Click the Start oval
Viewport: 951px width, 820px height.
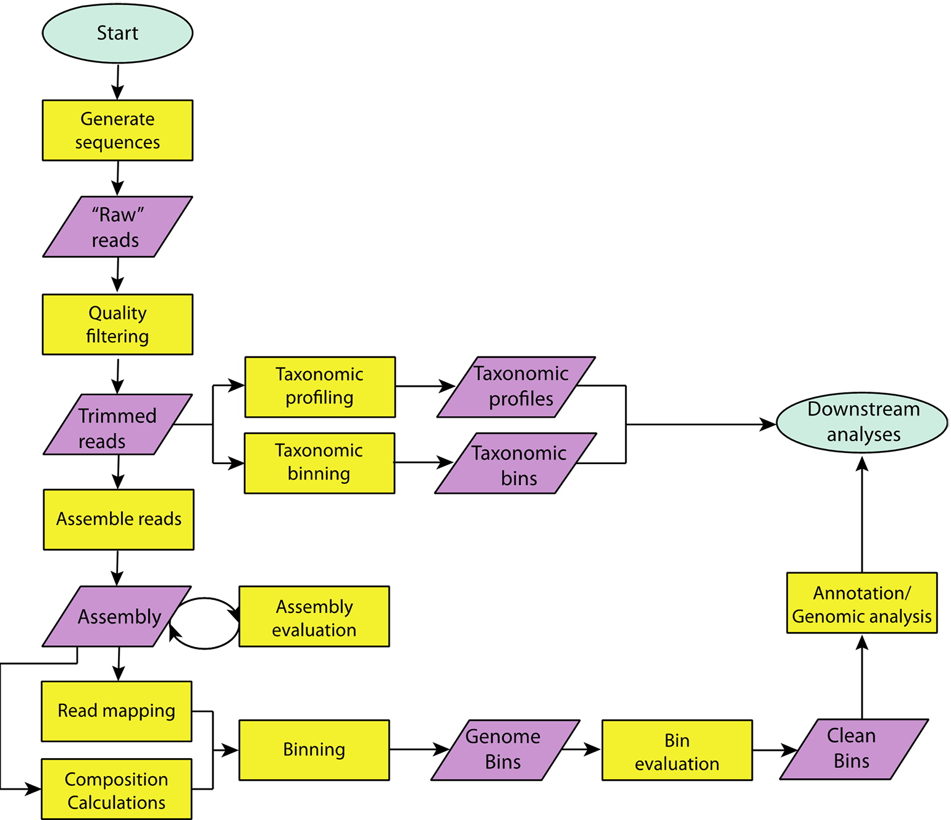coord(117,33)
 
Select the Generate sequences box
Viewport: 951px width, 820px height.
coord(117,130)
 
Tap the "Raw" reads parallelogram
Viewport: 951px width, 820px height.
coord(117,227)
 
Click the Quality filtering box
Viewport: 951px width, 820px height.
coord(117,324)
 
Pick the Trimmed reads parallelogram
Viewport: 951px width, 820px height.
coord(117,425)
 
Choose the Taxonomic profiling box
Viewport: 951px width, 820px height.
coord(320,387)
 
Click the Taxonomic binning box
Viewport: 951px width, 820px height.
coord(319,463)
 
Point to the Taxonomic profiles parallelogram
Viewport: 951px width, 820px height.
coord(516,387)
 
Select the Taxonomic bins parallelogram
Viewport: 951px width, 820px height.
coord(516,463)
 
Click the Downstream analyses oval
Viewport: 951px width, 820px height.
coord(862,423)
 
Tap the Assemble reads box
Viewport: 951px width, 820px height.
coord(119,520)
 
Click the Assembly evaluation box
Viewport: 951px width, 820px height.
coord(314,617)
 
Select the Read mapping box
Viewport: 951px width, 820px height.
coord(117,711)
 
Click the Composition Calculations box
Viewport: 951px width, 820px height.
coord(117,789)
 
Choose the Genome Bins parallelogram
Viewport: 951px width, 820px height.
coord(505,750)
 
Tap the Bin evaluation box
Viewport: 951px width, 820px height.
coord(677,750)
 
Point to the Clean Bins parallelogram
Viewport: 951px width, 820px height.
coord(854,749)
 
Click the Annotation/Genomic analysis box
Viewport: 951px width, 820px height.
coord(862,603)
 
